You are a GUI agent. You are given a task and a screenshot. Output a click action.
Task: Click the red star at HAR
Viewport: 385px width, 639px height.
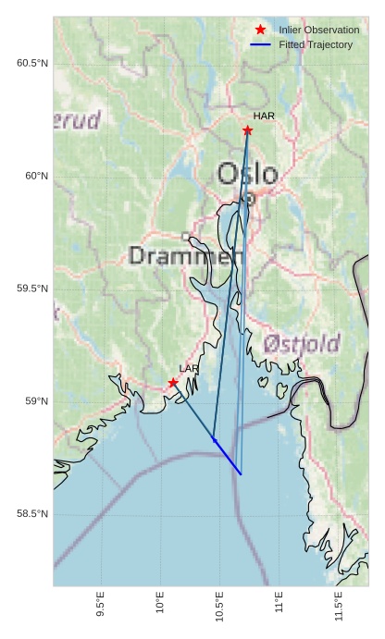click(x=247, y=130)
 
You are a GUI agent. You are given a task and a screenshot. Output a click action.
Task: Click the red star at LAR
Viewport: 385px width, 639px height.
click(x=173, y=383)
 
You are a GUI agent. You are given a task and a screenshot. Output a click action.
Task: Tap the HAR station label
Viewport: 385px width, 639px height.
click(x=264, y=116)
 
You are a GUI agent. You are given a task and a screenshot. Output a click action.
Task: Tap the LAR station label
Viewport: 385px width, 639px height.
click(x=189, y=369)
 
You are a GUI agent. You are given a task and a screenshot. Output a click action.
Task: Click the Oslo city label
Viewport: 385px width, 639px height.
click(x=247, y=174)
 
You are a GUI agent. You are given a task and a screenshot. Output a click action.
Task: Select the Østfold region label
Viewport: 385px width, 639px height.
click(x=302, y=344)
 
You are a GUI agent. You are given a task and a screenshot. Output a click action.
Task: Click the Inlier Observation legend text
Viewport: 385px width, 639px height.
click(x=319, y=30)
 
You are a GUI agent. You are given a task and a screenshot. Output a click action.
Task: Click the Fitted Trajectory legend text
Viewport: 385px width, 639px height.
click(x=316, y=44)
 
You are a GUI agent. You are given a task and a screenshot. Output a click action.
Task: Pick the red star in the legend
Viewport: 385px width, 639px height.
click(x=260, y=30)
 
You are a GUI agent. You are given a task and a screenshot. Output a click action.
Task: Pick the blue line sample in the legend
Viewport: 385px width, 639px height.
click(x=260, y=44)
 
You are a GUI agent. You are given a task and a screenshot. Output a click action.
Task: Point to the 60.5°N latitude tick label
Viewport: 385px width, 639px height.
click(x=32, y=63)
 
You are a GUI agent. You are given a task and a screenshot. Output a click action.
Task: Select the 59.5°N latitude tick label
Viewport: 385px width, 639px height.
click(x=32, y=289)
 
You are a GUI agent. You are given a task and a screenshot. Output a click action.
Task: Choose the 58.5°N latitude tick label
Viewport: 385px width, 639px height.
click(x=32, y=514)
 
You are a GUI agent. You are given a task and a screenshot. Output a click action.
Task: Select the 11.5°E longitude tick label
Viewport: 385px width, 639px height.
click(x=339, y=608)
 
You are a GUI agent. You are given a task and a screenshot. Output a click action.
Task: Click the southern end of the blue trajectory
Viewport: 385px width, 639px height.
click(x=241, y=474)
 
